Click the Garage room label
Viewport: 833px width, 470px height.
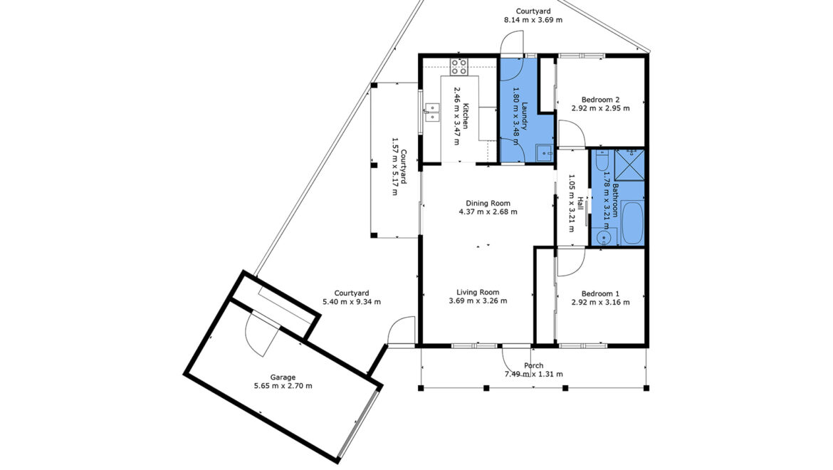coord(283,377)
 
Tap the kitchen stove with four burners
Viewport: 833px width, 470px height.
coord(459,66)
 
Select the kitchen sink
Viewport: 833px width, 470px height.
coord(432,112)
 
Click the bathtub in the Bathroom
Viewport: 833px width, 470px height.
coord(632,222)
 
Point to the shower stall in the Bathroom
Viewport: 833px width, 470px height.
coord(629,165)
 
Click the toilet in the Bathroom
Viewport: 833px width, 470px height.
coord(602,160)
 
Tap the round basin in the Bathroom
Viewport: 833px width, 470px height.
coord(603,237)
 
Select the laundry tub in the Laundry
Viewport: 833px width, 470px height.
coord(544,152)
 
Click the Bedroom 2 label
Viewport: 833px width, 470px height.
coord(600,99)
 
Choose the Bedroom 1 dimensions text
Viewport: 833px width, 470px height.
coord(600,303)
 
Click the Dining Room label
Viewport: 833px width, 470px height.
coord(488,203)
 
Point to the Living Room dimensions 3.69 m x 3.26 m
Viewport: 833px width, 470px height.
coord(478,301)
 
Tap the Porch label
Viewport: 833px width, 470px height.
coord(533,365)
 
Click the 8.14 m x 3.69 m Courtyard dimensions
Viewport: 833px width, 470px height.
coord(533,20)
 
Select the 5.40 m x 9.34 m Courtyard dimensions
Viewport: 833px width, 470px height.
coord(352,302)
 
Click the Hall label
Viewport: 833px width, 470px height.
coord(581,204)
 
